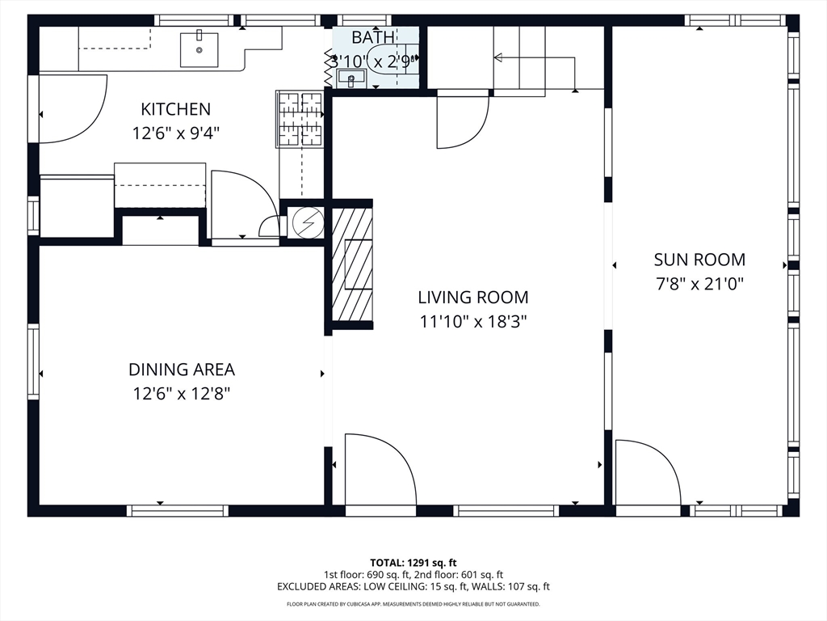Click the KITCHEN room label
[x=175, y=109]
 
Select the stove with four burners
[x=300, y=120]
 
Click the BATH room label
[x=372, y=37]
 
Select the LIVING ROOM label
[x=472, y=298]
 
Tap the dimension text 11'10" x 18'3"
[x=472, y=322]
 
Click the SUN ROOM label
[x=699, y=260]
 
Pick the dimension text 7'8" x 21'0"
[x=699, y=284]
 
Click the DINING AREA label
[x=182, y=370]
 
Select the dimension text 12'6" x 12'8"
[x=182, y=394]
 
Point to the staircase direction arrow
[x=498, y=57]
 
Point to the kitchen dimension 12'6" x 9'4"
[x=175, y=133]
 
